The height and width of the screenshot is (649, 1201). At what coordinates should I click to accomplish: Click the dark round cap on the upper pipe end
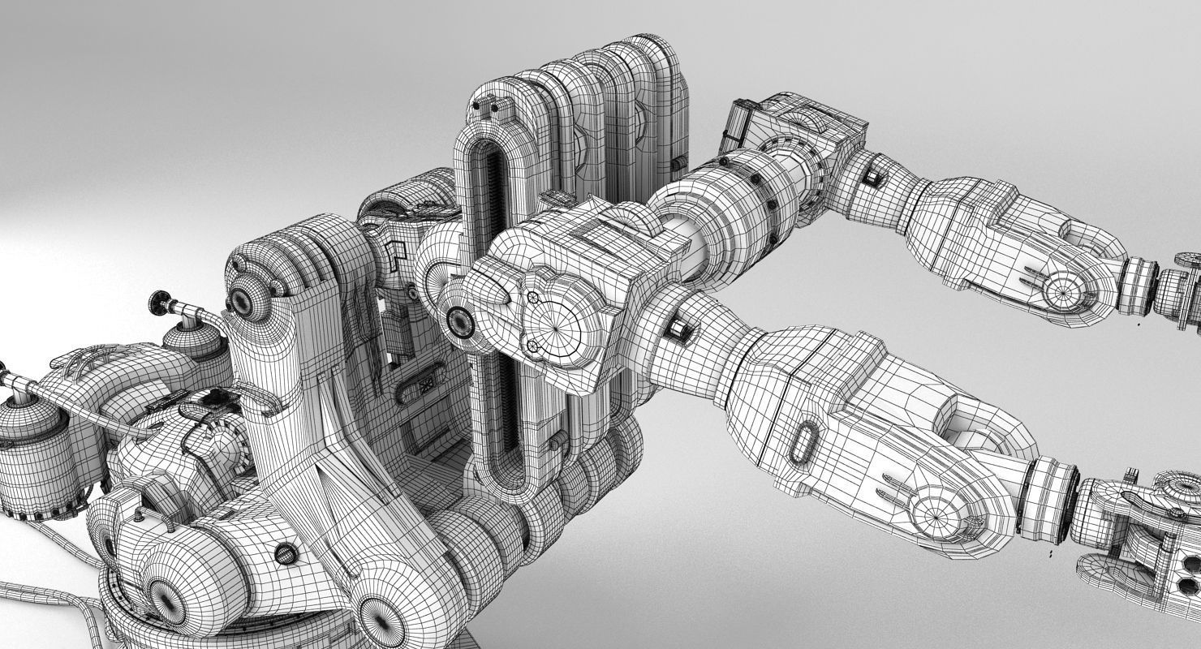point(159,303)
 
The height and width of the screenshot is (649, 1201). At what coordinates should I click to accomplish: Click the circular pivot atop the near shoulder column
point(242,301)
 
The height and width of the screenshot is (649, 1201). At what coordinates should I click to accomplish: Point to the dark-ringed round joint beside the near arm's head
point(460,322)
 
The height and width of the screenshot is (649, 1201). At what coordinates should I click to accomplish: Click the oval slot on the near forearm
point(803,442)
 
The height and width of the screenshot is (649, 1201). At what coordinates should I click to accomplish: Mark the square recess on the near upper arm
point(676,329)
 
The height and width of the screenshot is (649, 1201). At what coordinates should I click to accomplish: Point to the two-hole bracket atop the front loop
point(487,106)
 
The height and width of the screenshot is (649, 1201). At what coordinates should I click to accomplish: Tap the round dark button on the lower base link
point(286,553)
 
